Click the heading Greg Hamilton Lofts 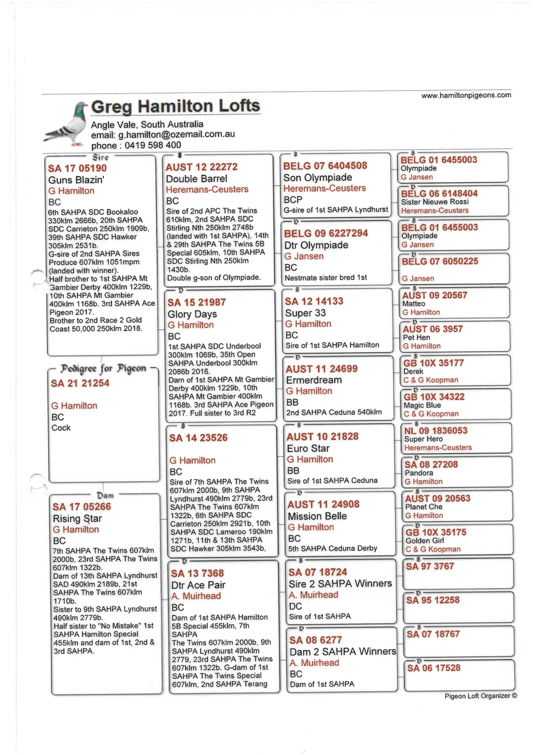(176, 106)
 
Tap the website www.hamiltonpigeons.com (466, 95)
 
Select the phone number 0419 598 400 (153, 145)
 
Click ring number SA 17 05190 (78, 168)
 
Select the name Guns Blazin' (76, 180)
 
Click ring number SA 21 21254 (80, 383)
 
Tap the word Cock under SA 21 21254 (61, 428)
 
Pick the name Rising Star (78, 518)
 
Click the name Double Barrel (196, 178)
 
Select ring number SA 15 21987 (196, 303)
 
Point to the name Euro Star (308, 448)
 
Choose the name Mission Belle (317, 516)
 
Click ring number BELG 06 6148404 (439, 193)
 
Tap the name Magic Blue (422, 405)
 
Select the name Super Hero (423, 439)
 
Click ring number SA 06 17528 (434, 668)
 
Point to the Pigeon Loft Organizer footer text (481, 696)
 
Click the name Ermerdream (314, 380)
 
